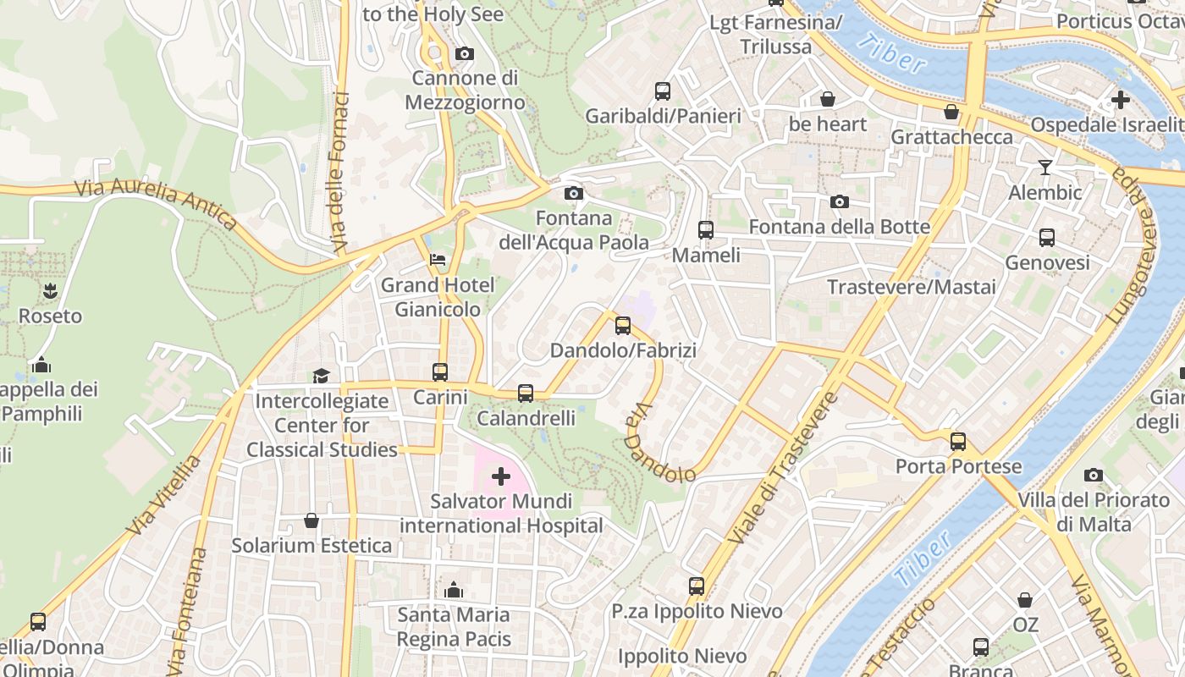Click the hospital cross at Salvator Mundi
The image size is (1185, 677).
click(501, 477)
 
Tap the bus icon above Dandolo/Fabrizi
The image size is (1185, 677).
click(623, 325)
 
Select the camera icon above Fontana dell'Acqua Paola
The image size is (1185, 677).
click(574, 194)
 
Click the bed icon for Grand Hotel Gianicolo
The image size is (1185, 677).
click(438, 259)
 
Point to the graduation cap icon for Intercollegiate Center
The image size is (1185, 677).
click(321, 376)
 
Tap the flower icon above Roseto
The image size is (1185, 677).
click(51, 291)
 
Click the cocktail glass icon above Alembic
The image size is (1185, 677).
click(1045, 168)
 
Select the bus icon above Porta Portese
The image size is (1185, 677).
click(958, 441)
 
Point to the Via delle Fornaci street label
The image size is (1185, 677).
click(341, 173)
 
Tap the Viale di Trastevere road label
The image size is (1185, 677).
click(784, 467)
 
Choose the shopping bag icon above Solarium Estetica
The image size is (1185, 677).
click(311, 520)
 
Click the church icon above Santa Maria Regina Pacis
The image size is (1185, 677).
click(454, 589)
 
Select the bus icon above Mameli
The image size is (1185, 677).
click(705, 229)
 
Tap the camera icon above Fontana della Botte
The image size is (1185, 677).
click(840, 201)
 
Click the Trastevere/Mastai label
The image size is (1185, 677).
click(912, 287)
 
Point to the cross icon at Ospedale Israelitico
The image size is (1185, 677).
click(1121, 100)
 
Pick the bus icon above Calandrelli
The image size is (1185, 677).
click(526, 393)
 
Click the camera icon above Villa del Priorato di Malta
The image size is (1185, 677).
click(1094, 475)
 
